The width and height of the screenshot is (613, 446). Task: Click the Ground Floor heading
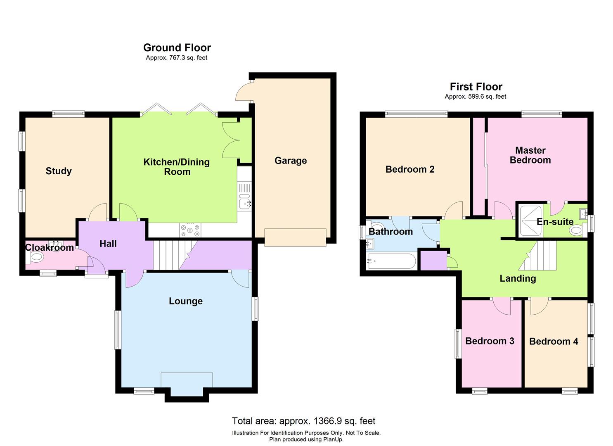click(x=177, y=48)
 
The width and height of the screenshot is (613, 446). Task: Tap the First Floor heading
click(x=476, y=87)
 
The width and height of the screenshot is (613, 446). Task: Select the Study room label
click(x=59, y=171)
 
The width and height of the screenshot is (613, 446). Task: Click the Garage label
click(x=291, y=161)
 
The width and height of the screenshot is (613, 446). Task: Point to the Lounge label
click(x=185, y=301)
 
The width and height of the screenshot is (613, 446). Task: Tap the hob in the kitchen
click(x=190, y=230)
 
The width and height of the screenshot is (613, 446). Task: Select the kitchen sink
click(x=244, y=203)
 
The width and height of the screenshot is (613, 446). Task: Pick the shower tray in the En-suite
click(x=530, y=221)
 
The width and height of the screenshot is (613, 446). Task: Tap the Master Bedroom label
click(x=530, y=155)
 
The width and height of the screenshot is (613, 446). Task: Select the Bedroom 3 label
click(x=490, y=341)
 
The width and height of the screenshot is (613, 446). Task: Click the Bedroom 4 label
click(x=554, y=342)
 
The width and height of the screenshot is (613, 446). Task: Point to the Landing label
click(x=518, y=278)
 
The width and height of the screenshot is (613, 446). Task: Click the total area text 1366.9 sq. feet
click(x=303, y=421)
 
